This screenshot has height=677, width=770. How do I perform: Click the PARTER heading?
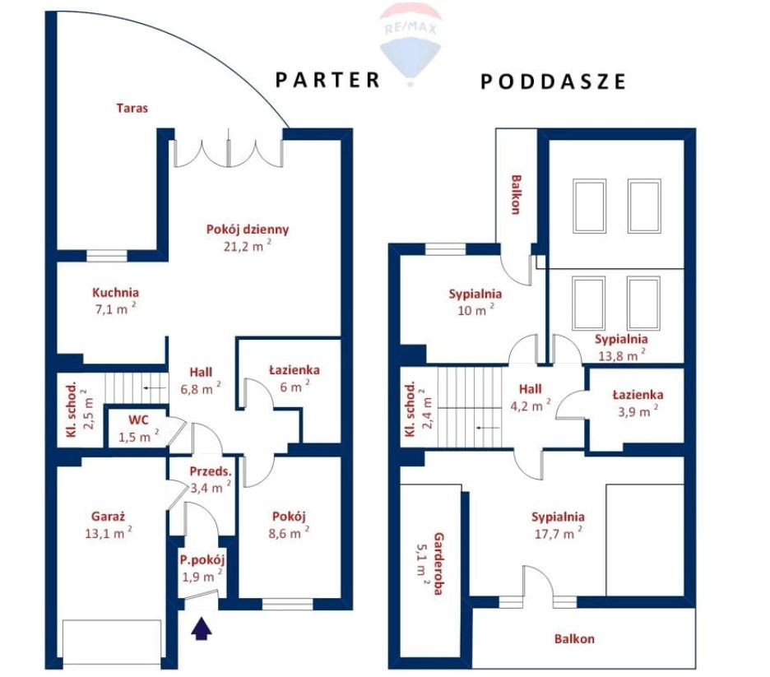327,80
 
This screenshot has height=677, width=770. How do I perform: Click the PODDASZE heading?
553,81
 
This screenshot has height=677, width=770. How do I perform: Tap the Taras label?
132,108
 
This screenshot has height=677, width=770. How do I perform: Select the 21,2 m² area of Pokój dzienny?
248,245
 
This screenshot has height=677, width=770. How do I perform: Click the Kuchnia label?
115,293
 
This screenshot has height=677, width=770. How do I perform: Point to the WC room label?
138,420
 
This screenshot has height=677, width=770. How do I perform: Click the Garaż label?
108,517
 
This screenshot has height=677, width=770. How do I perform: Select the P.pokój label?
202,560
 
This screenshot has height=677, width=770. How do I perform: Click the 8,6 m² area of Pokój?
289,533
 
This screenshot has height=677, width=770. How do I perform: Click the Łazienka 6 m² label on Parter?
295,378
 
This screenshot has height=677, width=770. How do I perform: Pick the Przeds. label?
210,472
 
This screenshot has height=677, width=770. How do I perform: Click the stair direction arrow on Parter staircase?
154,387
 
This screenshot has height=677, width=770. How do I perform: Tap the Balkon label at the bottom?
574,638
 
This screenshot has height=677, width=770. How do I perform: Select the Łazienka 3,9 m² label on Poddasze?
638,402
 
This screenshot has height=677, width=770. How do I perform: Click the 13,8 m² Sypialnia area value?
622,355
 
